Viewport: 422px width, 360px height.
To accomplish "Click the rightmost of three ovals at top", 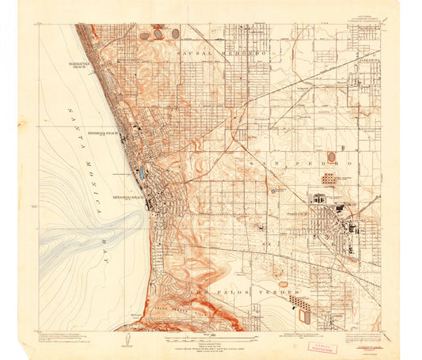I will tap(175, 34).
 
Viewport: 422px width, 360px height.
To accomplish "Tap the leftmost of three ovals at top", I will tap(144, 36).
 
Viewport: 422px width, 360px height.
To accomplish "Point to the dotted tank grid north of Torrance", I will tap(329, 180).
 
